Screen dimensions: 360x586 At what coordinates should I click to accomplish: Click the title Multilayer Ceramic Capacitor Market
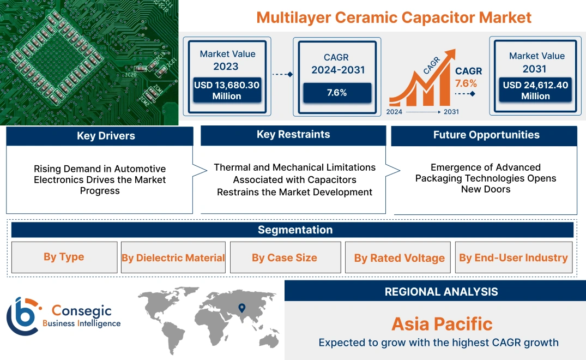(394, 17)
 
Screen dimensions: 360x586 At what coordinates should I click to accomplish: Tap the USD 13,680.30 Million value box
(226, 91)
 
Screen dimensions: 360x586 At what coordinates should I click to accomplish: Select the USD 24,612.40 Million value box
(535, 91)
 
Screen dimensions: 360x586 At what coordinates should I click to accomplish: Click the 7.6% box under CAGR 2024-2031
(336, 93)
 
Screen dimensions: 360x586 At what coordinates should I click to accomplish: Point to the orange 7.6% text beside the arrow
(466, 83)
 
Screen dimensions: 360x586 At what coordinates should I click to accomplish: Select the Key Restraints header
(293, 135)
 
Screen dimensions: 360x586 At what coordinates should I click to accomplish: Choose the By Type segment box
(64, 257)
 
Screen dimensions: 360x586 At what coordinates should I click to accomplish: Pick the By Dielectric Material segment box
(173, 257)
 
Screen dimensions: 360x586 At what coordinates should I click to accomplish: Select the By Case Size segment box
(284, 257)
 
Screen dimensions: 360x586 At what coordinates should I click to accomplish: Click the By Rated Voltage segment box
(399, 257)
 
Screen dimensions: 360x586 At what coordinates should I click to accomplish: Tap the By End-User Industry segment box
(513, 257)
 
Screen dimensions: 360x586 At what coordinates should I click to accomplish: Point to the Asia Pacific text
(442, 324)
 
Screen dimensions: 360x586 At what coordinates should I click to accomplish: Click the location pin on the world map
(241, 309)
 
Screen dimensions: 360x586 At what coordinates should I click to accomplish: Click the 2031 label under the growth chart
(451, 112)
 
